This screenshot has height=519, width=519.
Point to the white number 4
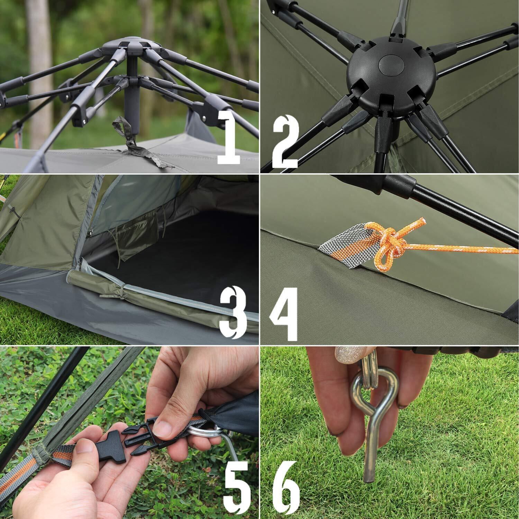point(283,313)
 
